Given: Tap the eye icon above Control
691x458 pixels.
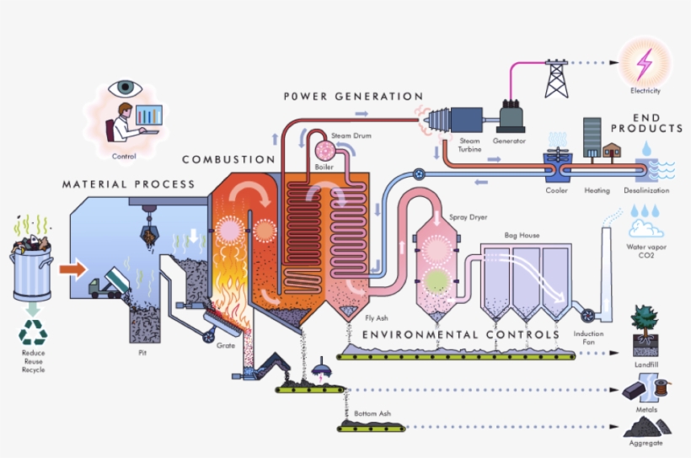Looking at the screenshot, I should (x=127, y=87).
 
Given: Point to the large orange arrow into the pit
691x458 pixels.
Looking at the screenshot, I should (x=74, y=269).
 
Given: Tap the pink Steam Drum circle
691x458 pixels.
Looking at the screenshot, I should (x=324, y=150).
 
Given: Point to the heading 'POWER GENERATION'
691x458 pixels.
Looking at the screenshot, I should (x=353, y=97).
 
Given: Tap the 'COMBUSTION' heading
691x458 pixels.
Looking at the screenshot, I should (x=228, y=159).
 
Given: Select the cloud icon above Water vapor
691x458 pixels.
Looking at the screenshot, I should (x=645, y=229).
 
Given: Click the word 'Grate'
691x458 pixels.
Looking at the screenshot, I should (x=226, y=345).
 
